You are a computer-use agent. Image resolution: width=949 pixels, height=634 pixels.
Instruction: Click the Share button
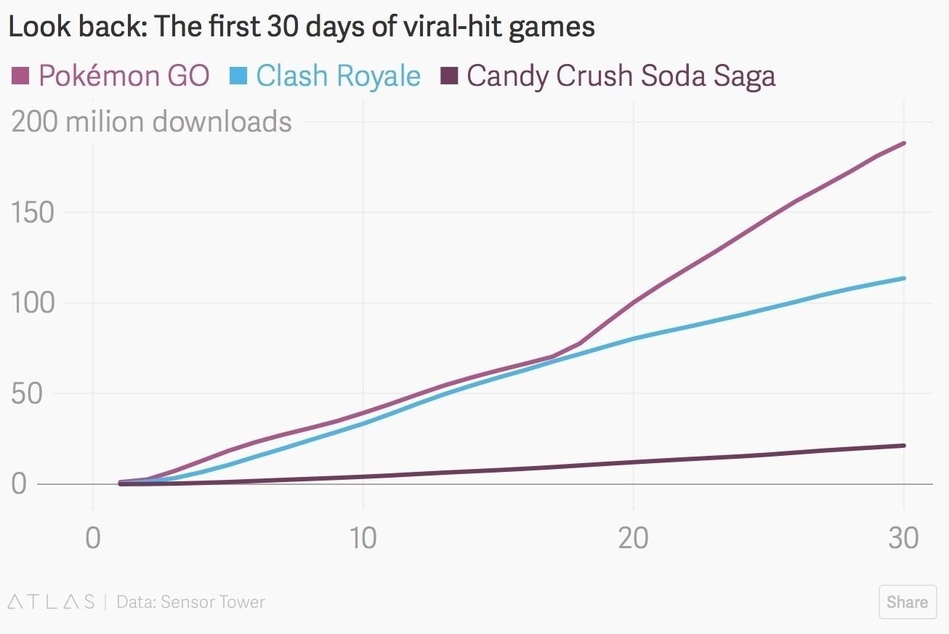pos(907,602)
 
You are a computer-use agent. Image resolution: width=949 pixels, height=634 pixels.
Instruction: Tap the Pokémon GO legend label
pos(124,76)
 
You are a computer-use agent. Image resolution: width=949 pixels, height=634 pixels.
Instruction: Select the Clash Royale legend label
pos(338,76)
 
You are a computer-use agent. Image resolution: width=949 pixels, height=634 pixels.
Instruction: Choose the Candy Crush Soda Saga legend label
pos(621,76)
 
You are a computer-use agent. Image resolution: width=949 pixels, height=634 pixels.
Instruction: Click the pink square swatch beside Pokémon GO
pos(20,75)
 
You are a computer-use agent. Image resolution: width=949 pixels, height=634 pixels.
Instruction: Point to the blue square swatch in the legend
pos(240,75)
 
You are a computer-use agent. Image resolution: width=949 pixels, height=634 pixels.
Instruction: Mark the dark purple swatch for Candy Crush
pos(450,75)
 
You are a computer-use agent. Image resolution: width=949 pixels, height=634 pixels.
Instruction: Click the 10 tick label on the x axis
pos(363,539)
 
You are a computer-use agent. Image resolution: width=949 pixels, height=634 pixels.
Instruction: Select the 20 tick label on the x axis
pos(633,539)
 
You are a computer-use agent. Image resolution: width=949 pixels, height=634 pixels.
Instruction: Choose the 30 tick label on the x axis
pos(903,539)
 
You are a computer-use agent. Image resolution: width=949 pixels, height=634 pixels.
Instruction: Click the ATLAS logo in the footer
pos(51,602)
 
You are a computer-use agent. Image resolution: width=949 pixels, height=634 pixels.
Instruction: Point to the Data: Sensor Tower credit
pos(190,602)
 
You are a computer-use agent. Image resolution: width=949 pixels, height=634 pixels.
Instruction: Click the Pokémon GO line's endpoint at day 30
pos(903,143)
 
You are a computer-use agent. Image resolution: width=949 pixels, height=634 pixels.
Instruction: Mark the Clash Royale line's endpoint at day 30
pos(903,278)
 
